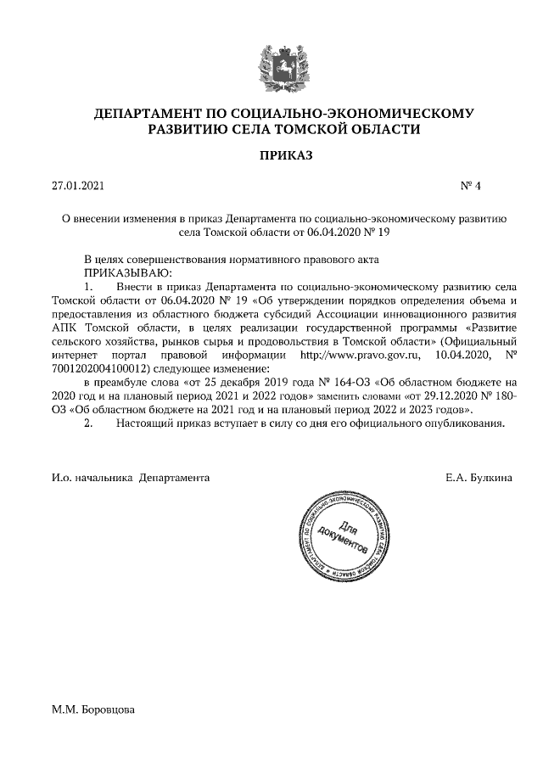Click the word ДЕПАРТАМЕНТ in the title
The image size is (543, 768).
[143, 113]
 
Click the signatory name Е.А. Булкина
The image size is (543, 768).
[478, 479]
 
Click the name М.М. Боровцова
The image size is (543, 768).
[93, 709]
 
